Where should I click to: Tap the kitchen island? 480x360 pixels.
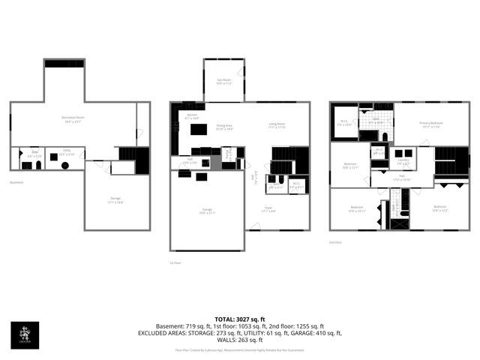(199, 130)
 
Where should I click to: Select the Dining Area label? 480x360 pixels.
(225, 128)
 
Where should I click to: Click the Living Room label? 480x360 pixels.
(277, 125)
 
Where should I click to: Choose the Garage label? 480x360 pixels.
(207, 213)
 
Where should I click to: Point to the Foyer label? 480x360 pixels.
(268, 211)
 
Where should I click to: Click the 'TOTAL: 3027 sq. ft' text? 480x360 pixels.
(239, 319)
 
